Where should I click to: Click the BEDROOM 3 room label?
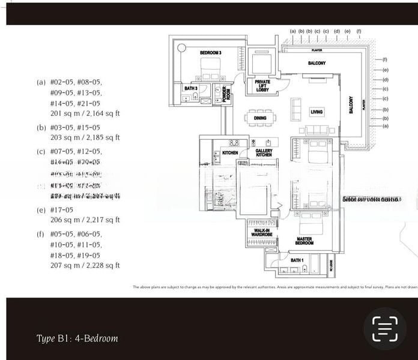[x=211, y=53]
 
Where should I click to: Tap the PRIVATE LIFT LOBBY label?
[x=262, y=85]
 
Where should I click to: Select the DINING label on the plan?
[x=260, y=118]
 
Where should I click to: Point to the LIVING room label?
[x=317, y=112]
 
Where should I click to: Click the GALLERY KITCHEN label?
[x=264, y=153]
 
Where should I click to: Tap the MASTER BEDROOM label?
[x=304, y=241]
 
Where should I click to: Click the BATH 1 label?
[x=297, y=260]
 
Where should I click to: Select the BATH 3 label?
[x=190, y=89]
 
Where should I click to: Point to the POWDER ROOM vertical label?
[x=225, y=95]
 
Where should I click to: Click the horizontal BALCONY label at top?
[x=317, y=63]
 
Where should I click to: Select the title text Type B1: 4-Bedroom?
[x=77, y=338]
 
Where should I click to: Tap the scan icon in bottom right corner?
[x=384, y=329]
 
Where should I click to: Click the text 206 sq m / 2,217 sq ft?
[x=85, y=220]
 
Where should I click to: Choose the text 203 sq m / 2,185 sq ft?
[x=85, y=137]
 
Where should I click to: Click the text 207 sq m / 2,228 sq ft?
[x=85, y=265]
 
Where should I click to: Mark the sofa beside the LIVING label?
[x=297, y=109]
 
